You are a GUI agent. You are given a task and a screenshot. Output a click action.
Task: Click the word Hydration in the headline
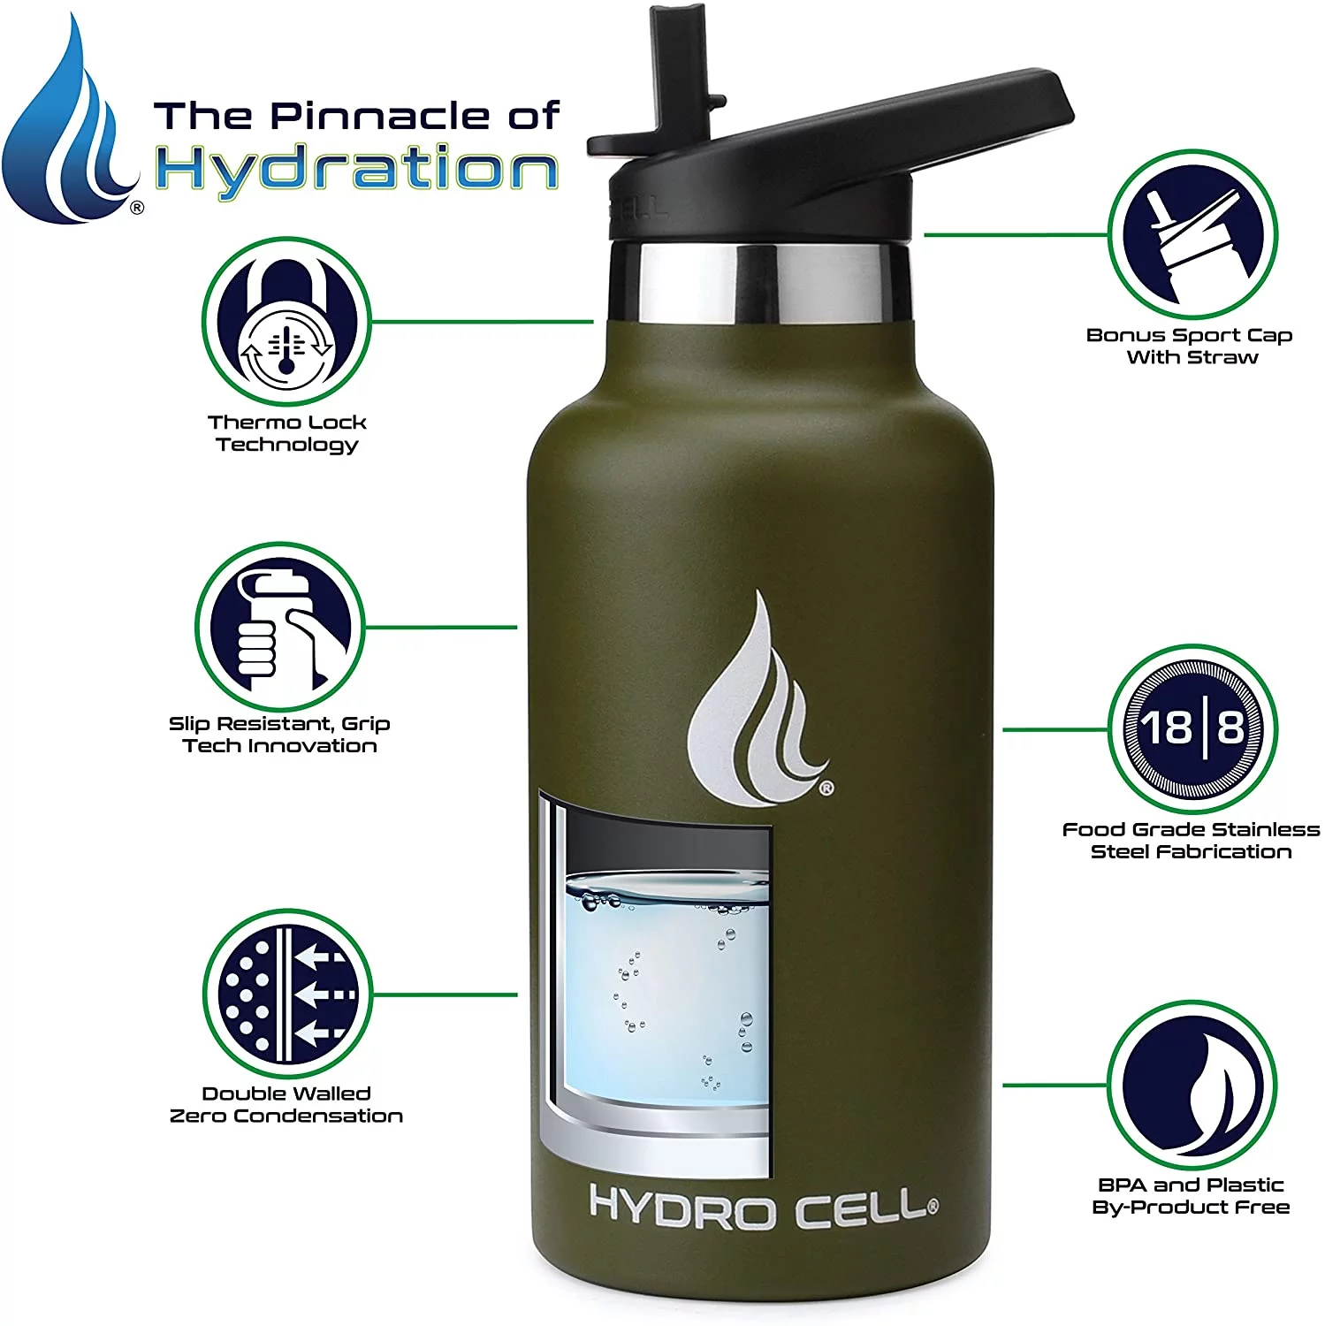(356, 170)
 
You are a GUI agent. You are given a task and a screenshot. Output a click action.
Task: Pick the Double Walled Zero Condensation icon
(286, 994)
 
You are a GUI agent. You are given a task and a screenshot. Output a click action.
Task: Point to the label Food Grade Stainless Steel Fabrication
(1190, 840)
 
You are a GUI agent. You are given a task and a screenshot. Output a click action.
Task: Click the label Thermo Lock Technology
(286, 433)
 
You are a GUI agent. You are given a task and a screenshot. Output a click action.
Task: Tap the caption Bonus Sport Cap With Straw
(1190, 346)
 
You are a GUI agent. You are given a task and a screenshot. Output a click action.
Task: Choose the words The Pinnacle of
(356, 116)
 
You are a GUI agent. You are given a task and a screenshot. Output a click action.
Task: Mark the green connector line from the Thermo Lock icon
(482, 322)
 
